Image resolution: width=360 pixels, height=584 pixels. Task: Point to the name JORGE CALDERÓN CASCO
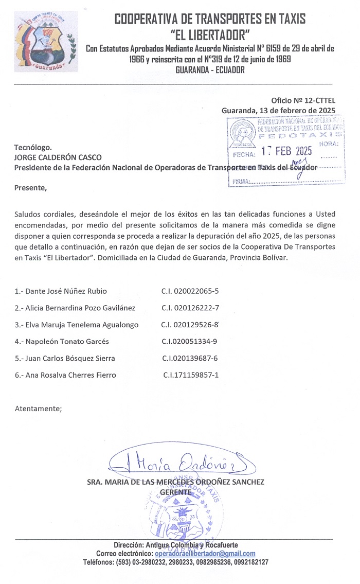58,157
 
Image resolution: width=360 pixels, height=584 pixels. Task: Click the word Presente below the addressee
30,187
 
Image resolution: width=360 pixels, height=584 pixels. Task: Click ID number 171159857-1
191,375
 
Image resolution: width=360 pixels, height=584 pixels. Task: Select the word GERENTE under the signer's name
176,492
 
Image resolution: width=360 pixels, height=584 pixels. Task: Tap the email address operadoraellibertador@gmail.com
205,554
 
